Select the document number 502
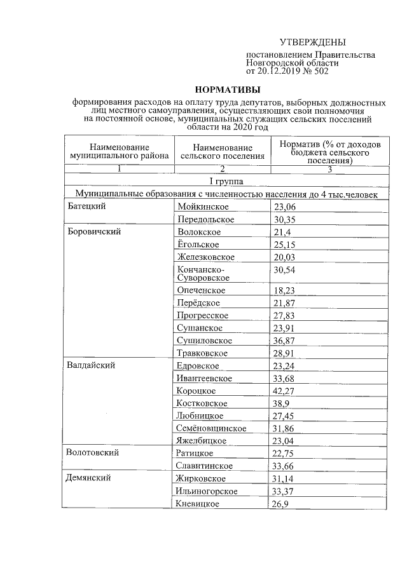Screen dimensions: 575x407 (320, 71)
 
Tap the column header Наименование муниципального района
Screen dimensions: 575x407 (118, 151)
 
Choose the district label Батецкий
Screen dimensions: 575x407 (86, 206)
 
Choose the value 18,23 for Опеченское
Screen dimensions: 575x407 (284, 290)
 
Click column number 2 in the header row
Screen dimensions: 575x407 (222, 169)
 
